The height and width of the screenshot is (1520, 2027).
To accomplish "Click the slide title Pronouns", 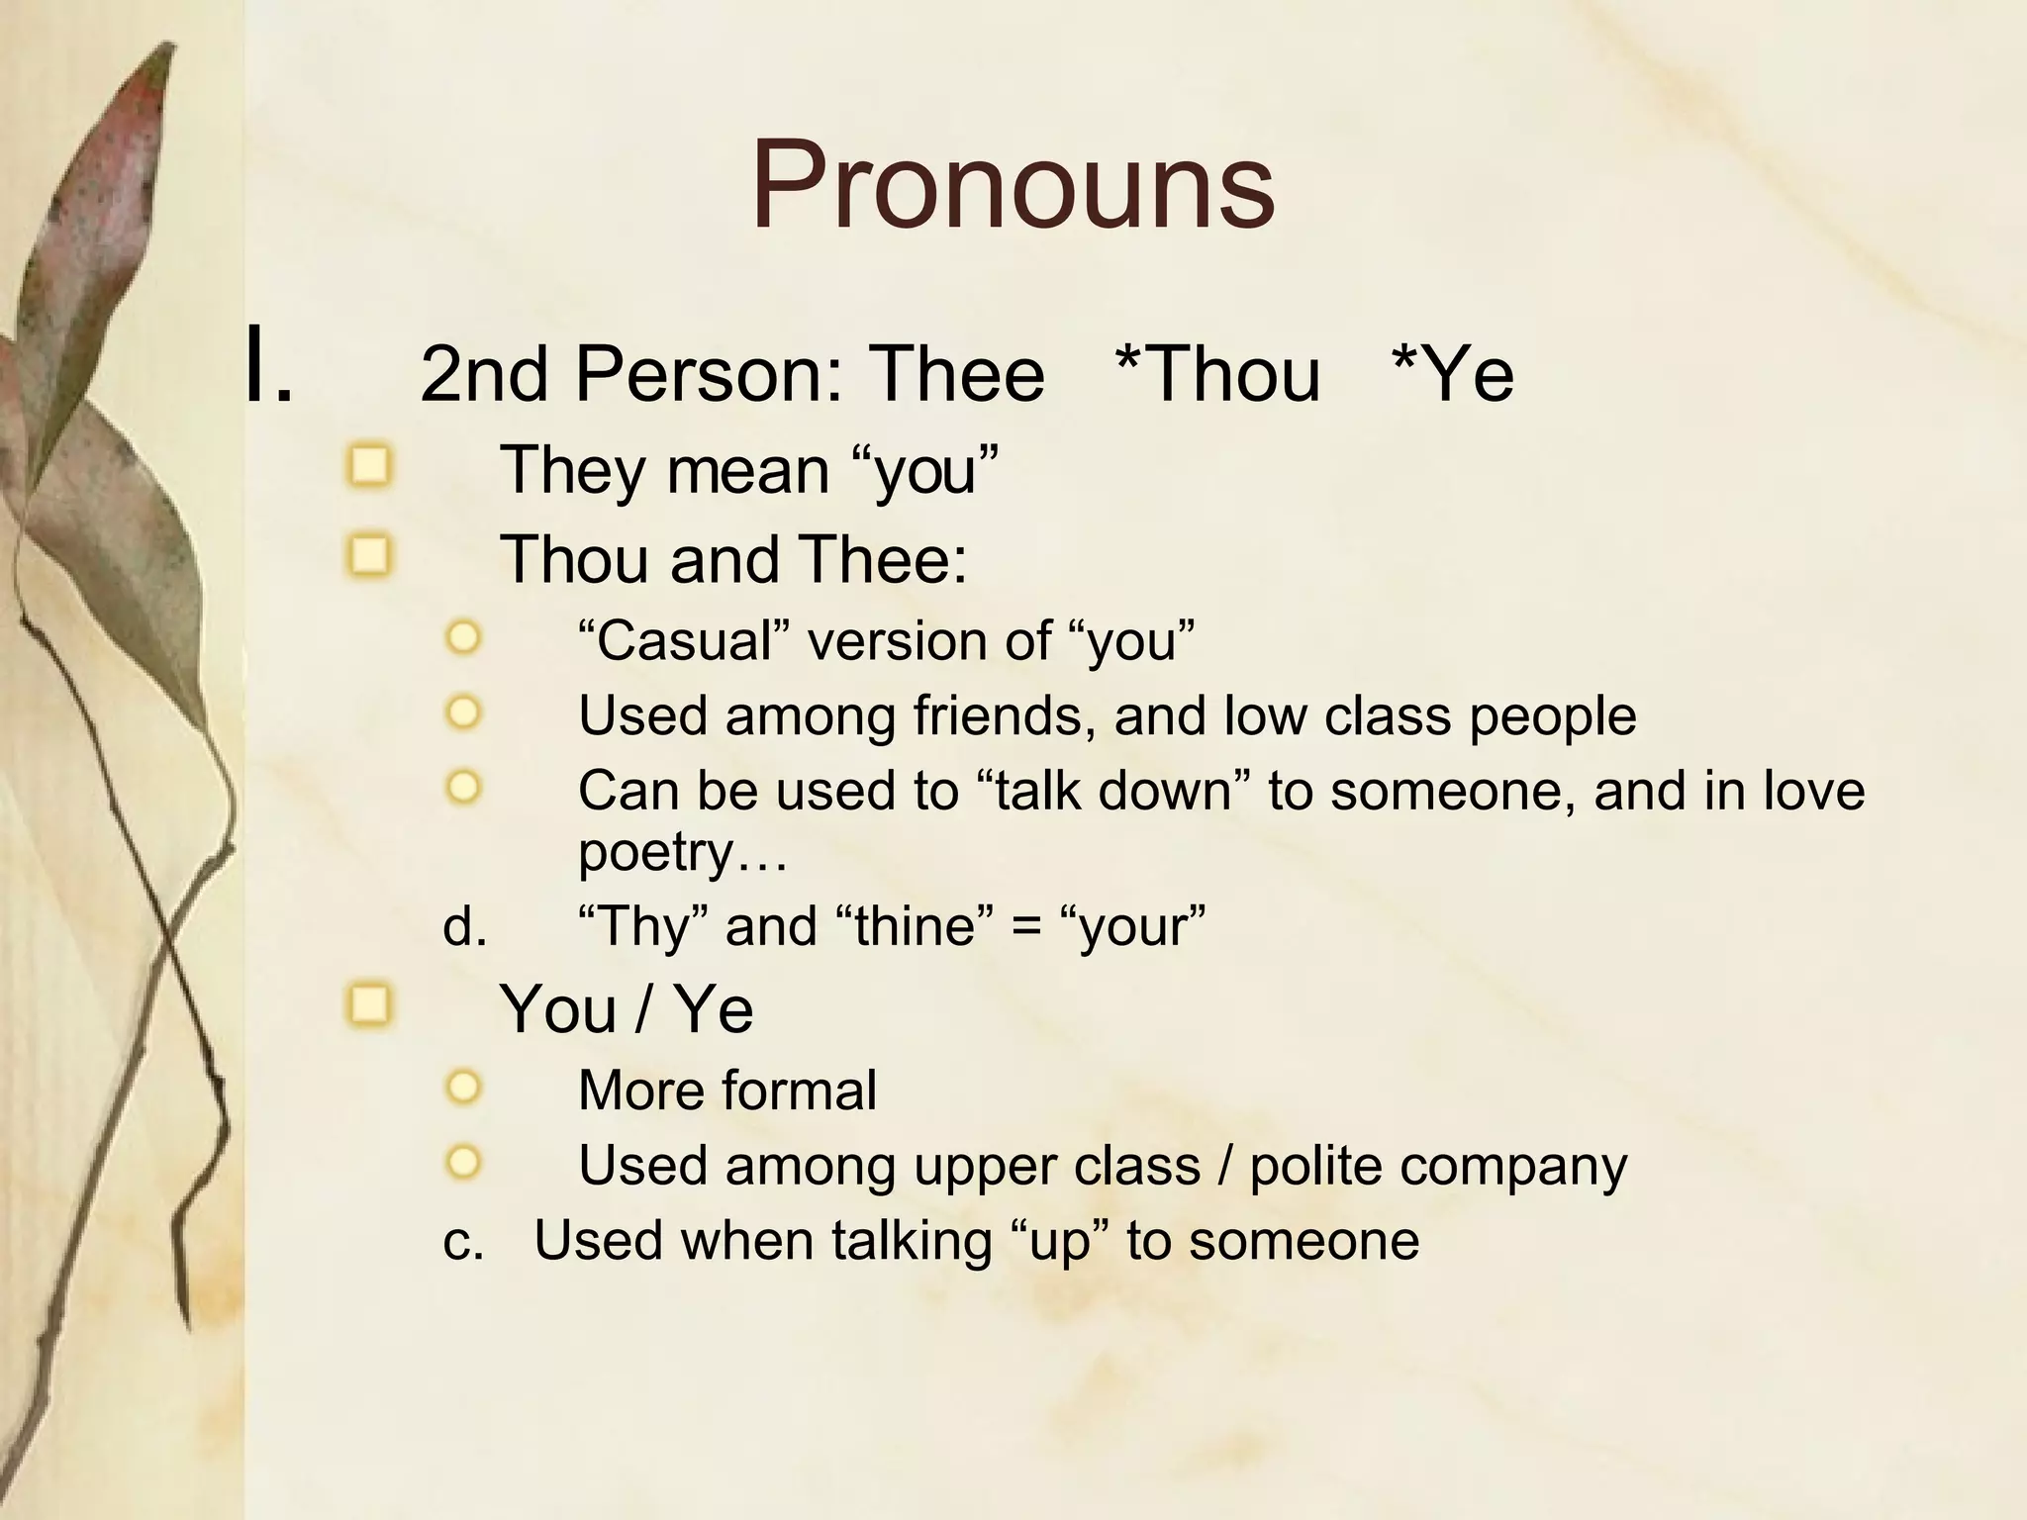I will tap(1013, 186).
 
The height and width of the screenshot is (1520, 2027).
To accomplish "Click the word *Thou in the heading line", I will tap(1217, 375).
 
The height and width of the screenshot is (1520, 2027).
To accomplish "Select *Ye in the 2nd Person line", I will tap(1452, 375).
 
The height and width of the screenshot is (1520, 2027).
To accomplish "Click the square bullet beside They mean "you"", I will tap(370, 465).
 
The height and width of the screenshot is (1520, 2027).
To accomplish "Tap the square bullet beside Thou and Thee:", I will tap(370, 555).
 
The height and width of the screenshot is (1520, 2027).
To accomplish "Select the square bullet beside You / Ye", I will tap(370, 1005).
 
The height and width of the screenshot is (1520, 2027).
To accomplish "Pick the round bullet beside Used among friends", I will tap(463, 712).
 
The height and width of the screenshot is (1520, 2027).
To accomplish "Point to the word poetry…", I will tap(683, 852).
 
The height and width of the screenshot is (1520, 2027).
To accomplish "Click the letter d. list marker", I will tap(465, 927).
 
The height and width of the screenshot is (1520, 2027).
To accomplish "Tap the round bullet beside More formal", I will tap(463, 1088).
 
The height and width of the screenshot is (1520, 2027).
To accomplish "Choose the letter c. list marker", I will tap(463, 1241).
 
